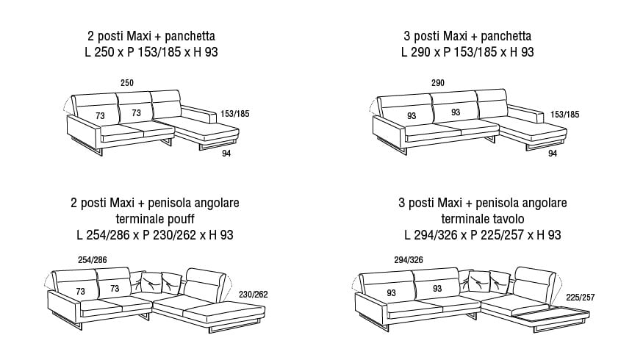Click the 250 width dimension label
[127, 82]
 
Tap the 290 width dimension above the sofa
[438, 82]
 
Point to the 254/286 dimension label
[93, 260]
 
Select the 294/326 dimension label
[409, 260]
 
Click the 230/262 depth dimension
[253, 295]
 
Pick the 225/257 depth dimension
[581, 298]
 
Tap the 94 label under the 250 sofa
[226, 154]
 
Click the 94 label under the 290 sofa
[553, 154]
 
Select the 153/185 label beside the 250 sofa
[235, 114]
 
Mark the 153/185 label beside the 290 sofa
[564, 115]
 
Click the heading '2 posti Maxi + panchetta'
[151, 36]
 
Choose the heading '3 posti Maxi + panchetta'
[467, 36]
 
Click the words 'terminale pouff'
[155, 219]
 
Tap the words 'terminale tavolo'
[483, 219]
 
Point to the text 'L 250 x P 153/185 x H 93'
[151, 52]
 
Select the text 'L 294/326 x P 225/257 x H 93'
[483, 234]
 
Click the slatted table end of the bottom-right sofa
[550, 315]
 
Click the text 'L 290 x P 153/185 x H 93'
[467, 52]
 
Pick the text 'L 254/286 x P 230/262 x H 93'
[155, 234]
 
